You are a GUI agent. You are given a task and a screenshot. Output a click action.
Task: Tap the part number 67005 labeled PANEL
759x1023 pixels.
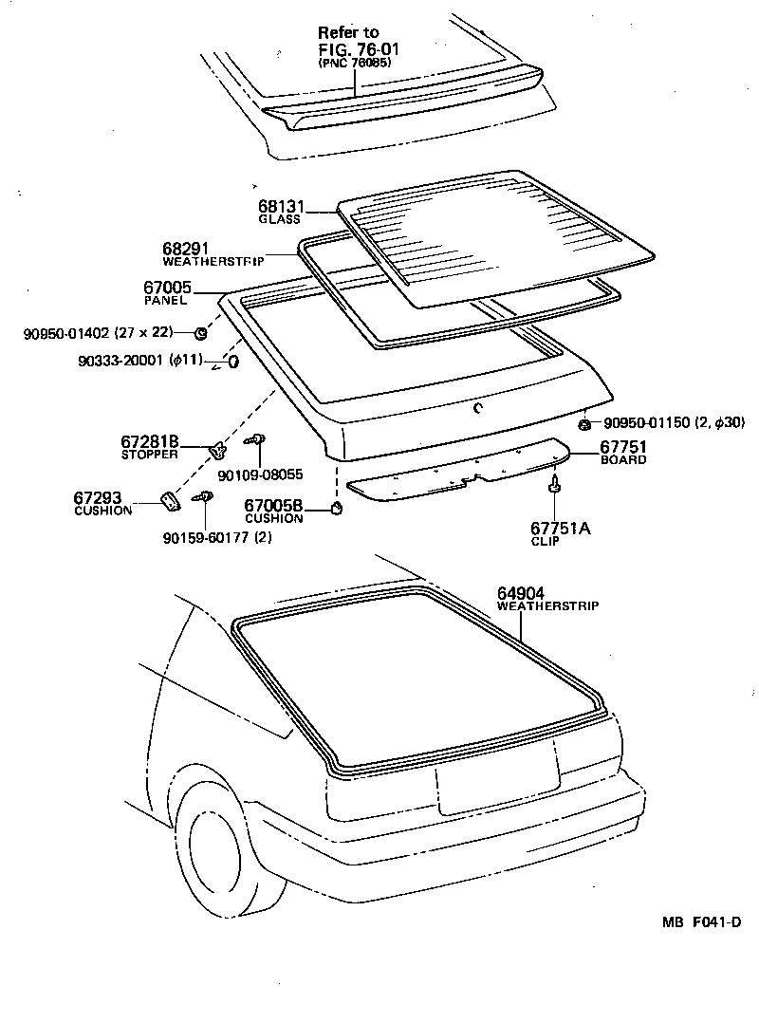pos(168,288)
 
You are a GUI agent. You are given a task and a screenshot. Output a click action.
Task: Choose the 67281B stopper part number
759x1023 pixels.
pos(149,442)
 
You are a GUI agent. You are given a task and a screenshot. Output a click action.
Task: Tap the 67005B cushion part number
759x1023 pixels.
pos(273,506)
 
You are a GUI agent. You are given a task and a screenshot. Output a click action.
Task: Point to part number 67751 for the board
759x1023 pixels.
pos(622,447)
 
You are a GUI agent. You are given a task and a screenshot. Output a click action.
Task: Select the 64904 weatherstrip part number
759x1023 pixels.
pos(520,593)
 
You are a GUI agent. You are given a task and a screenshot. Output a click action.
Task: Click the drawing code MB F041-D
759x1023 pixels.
pos(702,921)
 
